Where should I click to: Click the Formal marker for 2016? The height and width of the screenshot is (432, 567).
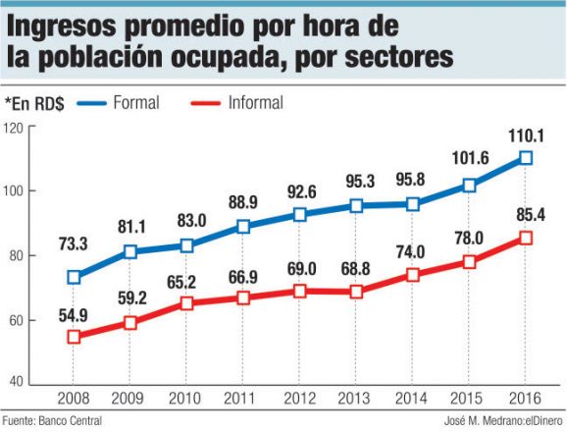[x=526, y=158]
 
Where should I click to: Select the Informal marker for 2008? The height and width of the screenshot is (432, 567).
[x=73, y=337]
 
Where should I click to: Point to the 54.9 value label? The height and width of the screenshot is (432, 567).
[x=72, y=314]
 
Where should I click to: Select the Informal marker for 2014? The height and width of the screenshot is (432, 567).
[x=412, y=275]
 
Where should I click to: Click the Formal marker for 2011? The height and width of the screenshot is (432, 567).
[x=242, y=226]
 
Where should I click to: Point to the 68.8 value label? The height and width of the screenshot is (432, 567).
[x=356, y=269]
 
